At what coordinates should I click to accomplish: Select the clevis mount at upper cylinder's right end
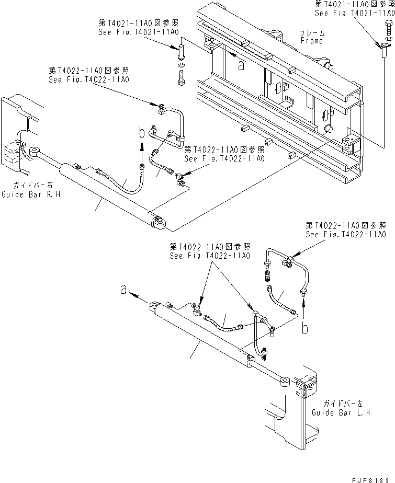158,224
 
